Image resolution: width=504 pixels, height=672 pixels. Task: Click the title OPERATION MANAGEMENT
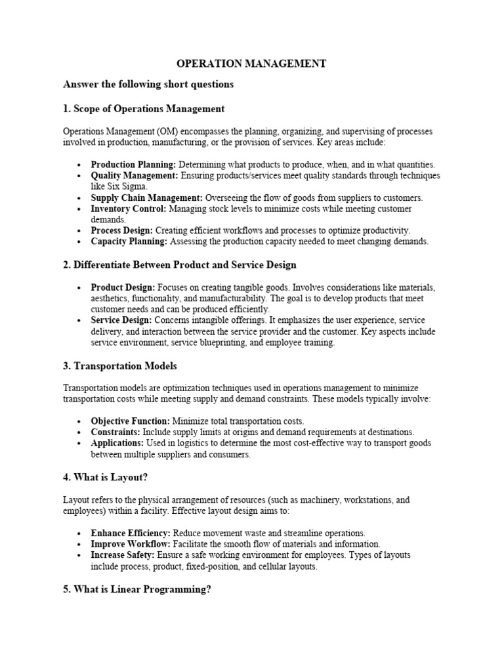pyautogui.click(x=251, y=64)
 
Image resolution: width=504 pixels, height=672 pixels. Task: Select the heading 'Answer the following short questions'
pyautogui.click(x=148, y=85)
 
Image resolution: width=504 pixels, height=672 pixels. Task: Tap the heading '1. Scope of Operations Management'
pyautogui.click(x=144, y=108)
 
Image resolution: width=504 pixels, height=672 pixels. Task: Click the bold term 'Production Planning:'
pyautogui.click(x=133, y=165)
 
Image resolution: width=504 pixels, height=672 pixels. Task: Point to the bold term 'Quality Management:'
pyautogui.click(x=134, y=176)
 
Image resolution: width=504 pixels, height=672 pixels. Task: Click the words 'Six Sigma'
pyautogui.click(x=127, y=186)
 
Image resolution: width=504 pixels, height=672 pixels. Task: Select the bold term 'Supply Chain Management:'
pyautogui.click(x=147, y=198)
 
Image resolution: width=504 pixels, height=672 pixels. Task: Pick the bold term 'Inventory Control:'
pyautogui.click(x=129, y=209)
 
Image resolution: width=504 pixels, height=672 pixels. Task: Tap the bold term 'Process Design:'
pyautogui.click(x=122, y=230)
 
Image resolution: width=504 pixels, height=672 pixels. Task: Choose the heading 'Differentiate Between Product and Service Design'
pyautogui.click(x=186, y=264)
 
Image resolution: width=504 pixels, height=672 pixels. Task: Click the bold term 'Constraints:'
pyautogui.click(x=115, y=432)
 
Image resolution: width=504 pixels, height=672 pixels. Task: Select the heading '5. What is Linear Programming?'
pyautogui.click(x=137, y=589)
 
